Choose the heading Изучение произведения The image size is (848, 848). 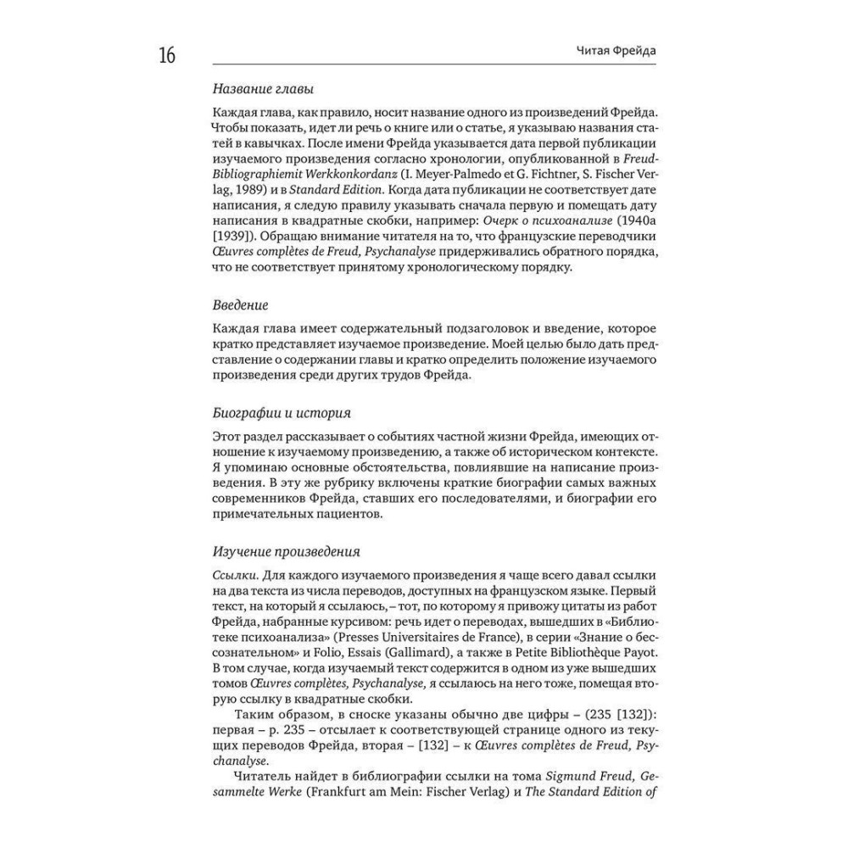[x=287, y=550]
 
